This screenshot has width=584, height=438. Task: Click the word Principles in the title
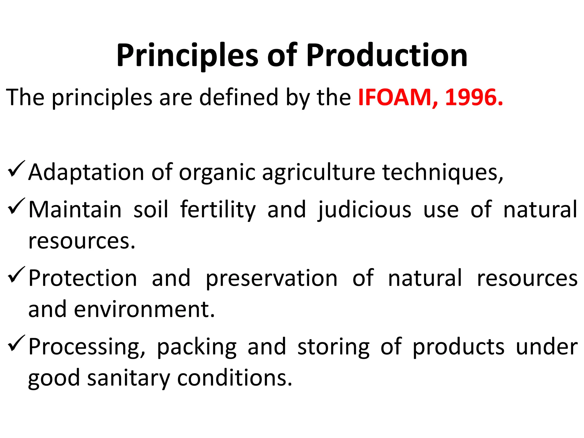(x=187, y=56)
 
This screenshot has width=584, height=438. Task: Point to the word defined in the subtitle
(x=238, y=98)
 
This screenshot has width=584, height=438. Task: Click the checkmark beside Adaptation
(x=17, y=169)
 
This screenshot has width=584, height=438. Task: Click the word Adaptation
(x=86, y=173)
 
